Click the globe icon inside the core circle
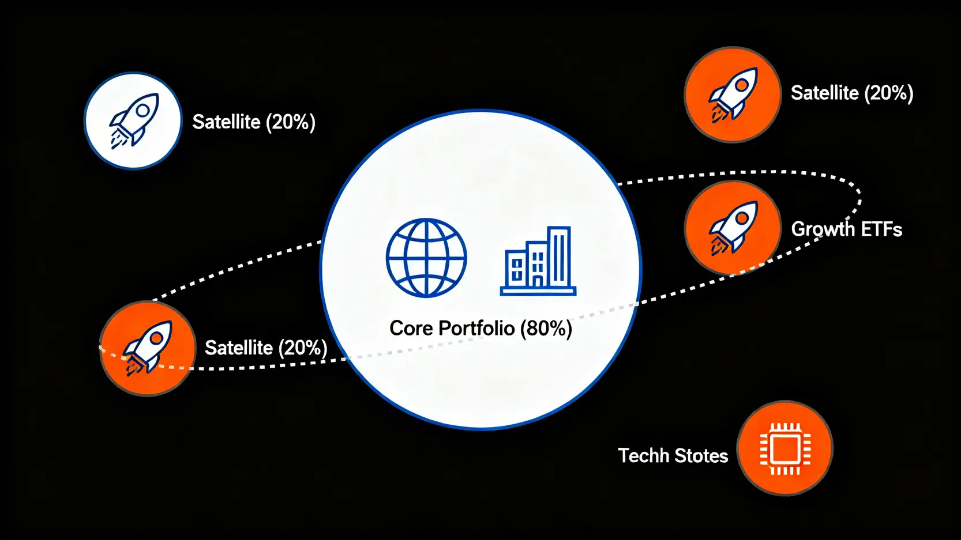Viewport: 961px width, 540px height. (x=426, y=258)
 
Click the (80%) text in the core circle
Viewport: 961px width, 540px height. (x=546, y=328)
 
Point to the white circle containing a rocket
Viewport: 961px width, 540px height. (x=133, y=121)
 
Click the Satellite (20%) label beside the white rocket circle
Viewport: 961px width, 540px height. (x=254, y=122)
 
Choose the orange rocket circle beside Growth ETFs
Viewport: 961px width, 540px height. (x=733, y=228)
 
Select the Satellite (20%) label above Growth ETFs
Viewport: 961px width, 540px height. (x=852, y=93)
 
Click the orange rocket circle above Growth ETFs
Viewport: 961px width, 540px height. (x=733, y=95)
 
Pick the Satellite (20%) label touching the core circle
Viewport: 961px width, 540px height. (x=266, y=348)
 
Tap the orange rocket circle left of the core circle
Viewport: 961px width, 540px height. (x=148, y=348)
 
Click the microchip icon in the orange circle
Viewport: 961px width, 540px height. (x=785, y=449)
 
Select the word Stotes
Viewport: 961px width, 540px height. (x=701, y=456)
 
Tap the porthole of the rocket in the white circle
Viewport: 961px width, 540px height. (x=142, y=111)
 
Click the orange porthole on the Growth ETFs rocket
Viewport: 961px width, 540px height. (x=742, y=218)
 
